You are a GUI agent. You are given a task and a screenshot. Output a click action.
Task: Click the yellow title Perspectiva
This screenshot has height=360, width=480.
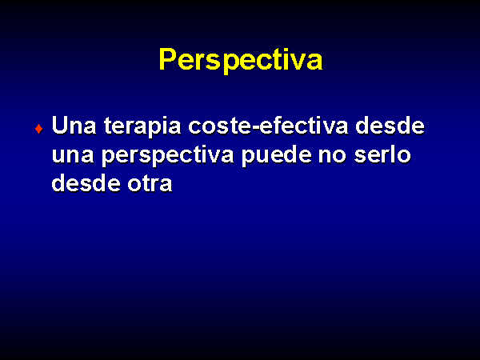pos(241,60)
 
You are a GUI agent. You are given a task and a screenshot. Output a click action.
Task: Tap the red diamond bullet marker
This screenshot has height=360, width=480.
pos(39,129)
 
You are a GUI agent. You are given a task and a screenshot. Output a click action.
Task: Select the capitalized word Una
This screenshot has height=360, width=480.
pos(74,126)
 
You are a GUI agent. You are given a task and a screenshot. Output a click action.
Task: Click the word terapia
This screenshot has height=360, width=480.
pos(142,126)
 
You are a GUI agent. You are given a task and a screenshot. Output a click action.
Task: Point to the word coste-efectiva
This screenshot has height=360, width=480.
pos(268,126)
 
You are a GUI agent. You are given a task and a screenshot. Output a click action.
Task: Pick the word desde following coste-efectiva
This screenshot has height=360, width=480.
pos(390,126)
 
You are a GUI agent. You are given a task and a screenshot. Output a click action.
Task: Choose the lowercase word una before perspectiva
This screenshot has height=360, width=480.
pos(73,155)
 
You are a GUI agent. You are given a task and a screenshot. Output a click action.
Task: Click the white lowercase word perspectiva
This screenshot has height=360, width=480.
pos(168,156)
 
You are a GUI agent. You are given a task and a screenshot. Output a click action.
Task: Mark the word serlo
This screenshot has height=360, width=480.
pos(382,154)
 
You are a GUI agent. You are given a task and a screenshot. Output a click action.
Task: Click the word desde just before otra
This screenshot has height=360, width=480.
pos(86,183)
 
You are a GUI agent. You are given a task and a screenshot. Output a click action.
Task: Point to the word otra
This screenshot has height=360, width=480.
pos(150,184)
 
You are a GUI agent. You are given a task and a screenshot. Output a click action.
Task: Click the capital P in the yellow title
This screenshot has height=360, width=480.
pos(170,59)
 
